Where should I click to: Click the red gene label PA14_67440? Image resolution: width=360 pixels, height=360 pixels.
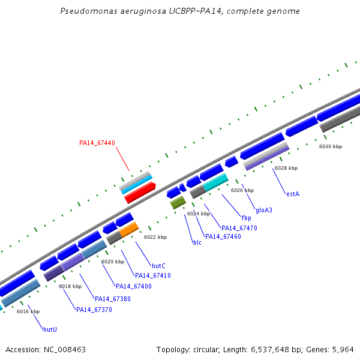[97, 143]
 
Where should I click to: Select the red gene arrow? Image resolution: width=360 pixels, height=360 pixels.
[140, 192]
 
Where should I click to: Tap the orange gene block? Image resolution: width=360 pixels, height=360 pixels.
[128, 230]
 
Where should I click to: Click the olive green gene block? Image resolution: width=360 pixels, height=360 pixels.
[178, 202]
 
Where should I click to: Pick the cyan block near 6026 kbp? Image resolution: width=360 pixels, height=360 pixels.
[216, 181]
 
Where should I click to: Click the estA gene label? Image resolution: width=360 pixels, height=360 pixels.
[293, 194]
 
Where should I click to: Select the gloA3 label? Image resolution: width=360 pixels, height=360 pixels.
[264, 210]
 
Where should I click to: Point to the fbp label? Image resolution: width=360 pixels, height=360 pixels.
[246, 218]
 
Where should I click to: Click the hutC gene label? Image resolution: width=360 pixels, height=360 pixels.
[158, 265]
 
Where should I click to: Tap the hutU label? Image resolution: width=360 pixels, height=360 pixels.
[50, 329]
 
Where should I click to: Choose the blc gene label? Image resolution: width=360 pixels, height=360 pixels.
[197, 242]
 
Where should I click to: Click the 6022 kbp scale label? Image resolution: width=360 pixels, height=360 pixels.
[155, 237]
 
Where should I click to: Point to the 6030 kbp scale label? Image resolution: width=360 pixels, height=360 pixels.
[330, 146]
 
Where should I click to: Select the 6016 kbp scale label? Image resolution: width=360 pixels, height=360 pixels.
[28, 311]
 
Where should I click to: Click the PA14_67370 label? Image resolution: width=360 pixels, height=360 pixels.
[94, 310]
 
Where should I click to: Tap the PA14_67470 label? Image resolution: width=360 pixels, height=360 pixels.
[239, 228]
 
